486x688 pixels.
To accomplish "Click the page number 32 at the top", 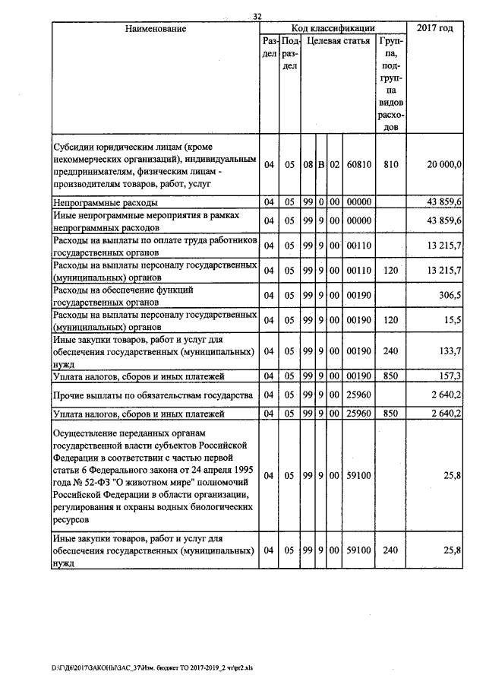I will coord(257,17).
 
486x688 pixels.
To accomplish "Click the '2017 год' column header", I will coord(436,28).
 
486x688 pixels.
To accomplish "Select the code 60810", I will coord(357,164).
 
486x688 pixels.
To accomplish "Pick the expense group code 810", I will coord(391,164).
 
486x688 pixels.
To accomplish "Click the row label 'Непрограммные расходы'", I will coord(105,203).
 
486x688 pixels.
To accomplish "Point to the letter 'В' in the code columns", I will coord(321,164).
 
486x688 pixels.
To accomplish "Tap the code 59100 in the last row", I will coord(357,550).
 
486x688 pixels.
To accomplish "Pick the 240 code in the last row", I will coord(391,550).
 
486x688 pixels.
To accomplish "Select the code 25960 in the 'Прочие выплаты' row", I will coord(357,395).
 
